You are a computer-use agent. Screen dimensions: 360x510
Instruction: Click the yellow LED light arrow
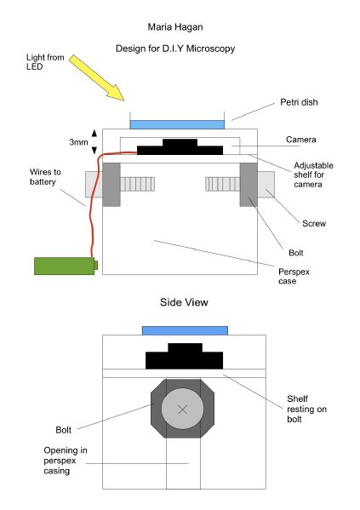tap(96, 77)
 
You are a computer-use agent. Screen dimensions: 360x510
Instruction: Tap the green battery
tap(66, 266)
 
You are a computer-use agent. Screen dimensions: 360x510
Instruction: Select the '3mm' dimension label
tap(78, 142)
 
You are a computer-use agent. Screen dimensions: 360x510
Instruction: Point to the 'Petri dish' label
tap(299, 102)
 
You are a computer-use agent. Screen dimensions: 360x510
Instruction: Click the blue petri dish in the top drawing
tap(177, 124)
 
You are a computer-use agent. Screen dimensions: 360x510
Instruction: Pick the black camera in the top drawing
tap(180, 146)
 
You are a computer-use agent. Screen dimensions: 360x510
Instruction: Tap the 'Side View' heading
tap(184, 302)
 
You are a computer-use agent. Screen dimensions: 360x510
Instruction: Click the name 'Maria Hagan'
tap(175, 27)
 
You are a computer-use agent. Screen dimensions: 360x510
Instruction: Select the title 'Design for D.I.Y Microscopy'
tap(175, 49)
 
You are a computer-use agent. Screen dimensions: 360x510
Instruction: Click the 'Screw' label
tap(314, 223)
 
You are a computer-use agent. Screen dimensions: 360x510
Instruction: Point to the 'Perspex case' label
tap(294, 276)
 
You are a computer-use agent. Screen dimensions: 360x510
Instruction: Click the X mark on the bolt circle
tap(183, 410)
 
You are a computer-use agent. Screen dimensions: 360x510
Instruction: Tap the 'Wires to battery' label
tap(45, 176)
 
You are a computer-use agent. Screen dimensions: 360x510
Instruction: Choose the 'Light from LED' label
tap(45, 62)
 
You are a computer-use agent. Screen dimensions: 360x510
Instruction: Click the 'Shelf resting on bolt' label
tap(306, 409)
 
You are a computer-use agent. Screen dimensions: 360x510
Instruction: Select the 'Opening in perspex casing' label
tap(66, 461)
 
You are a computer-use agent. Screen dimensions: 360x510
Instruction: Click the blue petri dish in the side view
tap(185, 331)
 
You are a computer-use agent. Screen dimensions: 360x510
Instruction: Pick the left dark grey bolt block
tap(111, 185)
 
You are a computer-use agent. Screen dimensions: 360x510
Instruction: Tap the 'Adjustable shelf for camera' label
tap(313, 175)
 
